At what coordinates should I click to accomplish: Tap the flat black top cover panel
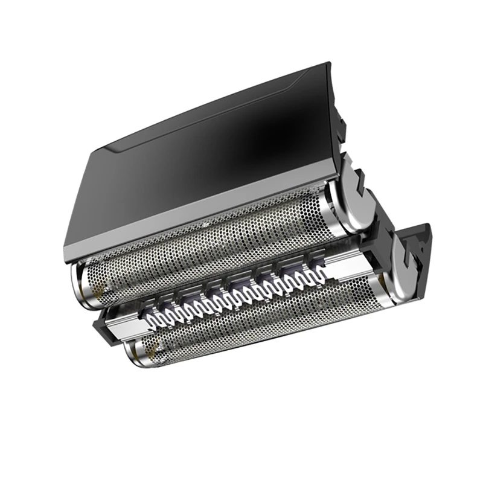199,157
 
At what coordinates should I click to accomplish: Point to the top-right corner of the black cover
329,63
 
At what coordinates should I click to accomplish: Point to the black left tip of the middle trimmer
98,326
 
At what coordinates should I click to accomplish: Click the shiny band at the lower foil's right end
380,284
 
